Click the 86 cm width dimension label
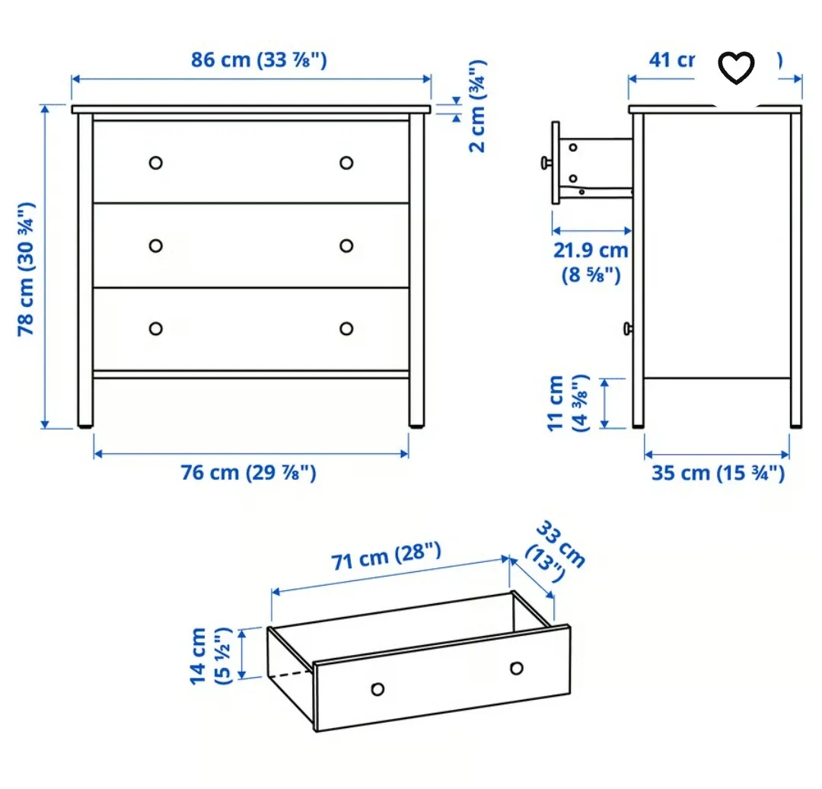coord(259,59)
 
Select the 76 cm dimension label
coord(248,473)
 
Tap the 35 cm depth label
coord(717,473)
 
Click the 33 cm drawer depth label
coord(559,549)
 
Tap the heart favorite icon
coord(736,68)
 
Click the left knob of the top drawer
coord(156,162)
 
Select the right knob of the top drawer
coord(346,162)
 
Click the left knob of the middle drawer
coord(156,245)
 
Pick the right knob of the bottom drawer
coord(346,328)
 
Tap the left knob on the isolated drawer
coord(377,689)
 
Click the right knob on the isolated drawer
coord(517,668)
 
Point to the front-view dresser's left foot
coord(85,421)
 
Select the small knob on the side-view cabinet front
coord(626,328)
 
